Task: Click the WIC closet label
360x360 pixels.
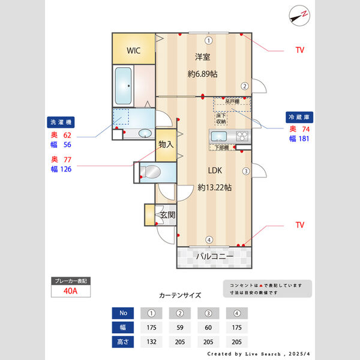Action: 133,50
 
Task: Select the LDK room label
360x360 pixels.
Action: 215,170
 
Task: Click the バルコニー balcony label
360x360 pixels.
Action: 214,256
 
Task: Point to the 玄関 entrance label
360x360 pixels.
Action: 167,215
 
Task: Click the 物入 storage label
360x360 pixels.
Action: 166,145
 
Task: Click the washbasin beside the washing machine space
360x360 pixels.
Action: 145,133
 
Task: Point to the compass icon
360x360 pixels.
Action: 299,15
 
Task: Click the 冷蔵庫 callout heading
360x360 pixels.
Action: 298,117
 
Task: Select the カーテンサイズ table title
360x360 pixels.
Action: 180,295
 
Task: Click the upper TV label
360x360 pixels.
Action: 299,50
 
